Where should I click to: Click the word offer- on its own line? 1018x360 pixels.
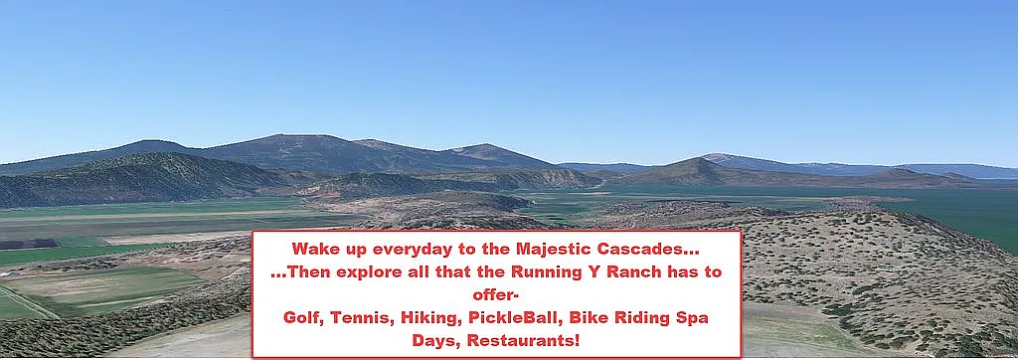coord(496,295)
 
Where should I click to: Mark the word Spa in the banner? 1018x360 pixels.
coord(692,319)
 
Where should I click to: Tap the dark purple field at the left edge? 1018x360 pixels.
coord(29,245)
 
